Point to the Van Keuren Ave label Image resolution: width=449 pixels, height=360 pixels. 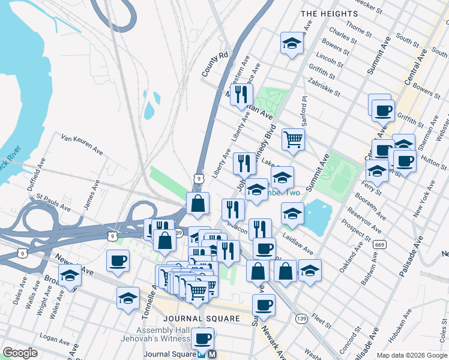82,145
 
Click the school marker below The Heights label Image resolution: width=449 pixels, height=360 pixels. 292,43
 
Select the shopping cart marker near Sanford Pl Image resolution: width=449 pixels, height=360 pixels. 293,139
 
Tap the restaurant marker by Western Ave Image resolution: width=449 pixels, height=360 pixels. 241,95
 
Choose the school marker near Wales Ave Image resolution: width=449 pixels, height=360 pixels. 70,277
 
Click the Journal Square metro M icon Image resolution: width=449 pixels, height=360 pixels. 211,355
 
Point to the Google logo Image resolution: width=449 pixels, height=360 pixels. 20,353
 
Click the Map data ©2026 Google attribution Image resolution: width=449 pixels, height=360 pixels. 411,355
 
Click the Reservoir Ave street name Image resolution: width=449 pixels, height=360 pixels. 368,221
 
